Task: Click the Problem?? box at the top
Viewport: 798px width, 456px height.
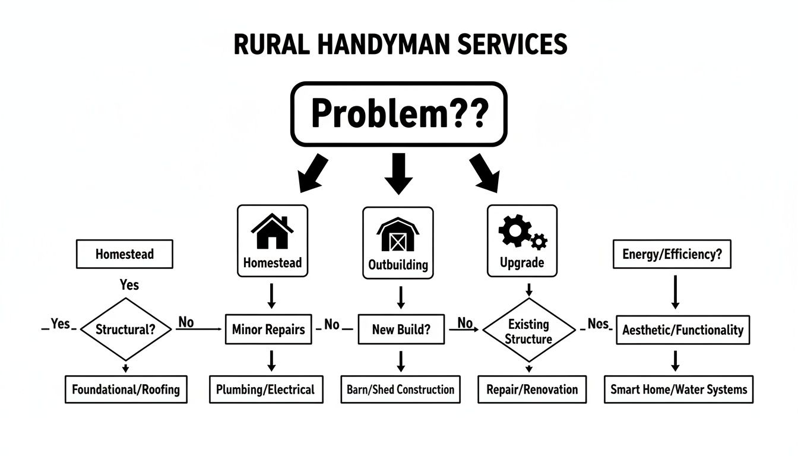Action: click(398, 114)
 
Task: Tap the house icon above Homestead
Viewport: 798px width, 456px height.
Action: click(273, 232)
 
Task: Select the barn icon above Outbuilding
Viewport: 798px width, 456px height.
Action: click(398, 235)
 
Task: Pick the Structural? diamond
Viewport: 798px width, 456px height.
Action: click(125, 329)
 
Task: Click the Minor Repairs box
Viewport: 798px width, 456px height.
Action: click(269, 329)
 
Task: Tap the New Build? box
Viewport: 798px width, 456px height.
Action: click(401, 329)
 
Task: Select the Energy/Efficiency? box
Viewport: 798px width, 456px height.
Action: click(672, 255)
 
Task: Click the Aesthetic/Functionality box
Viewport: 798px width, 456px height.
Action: click(683, 330)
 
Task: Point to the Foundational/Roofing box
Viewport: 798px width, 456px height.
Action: click(126, 389)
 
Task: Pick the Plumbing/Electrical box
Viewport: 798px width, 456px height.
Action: click(265, 389)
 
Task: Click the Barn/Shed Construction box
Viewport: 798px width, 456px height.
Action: click(400, 389)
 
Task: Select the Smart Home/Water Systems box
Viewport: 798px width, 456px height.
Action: click(679, 389)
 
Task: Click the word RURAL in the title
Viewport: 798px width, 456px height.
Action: click(271, 46)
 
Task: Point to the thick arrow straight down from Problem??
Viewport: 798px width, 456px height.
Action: click(398, 172)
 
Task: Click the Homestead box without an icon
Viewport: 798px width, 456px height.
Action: click(125, 254)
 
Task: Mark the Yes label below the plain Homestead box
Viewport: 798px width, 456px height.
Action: click(129, 284)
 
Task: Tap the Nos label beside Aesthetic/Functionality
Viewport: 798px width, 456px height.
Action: click(598, 324)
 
